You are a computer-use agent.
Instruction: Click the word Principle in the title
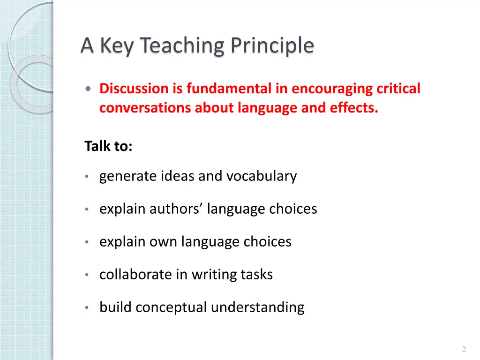click(x=271, y=46)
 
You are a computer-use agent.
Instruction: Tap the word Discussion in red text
click(x=127, y=89)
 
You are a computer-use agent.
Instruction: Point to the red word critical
click(x=398, y=89)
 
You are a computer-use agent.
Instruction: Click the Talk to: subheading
click(x=109, y=146)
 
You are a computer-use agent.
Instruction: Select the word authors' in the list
click(x=177, y=209)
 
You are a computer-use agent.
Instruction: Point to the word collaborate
click(x=135, y=275)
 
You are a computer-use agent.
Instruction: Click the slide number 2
click(x=464, y=349)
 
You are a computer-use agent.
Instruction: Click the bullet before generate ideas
click(x=87, y=177)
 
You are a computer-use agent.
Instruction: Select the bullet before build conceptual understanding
click(x=87, y=308)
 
